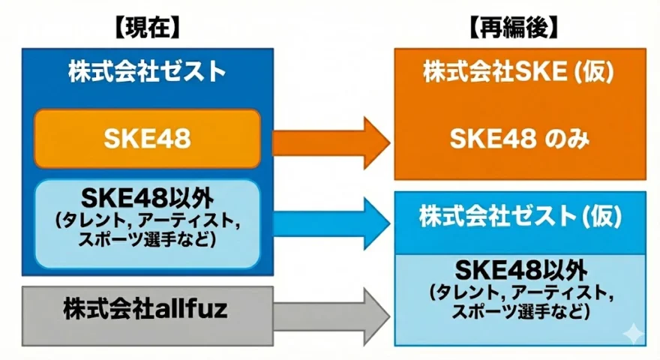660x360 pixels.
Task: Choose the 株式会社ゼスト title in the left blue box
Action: pyautogui.click(x=146, y=73)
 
